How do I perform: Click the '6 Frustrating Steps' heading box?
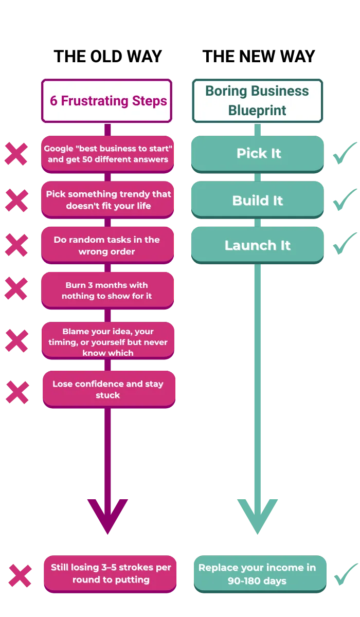(107, 101)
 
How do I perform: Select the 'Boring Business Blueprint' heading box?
(257, 101)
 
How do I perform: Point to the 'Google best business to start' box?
(108, 154)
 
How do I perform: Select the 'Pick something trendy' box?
(108, 199)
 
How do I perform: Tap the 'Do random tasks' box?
(108, 245)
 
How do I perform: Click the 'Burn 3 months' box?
(108, 291)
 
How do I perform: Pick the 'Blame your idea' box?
(108, 341)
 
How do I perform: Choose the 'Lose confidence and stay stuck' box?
(108, 389)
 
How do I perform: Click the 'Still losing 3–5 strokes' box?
(110, 573)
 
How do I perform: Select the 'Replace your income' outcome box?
(259, 574)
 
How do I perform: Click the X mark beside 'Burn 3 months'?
(16, 288)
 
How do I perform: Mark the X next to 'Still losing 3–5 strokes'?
(21, 575)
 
